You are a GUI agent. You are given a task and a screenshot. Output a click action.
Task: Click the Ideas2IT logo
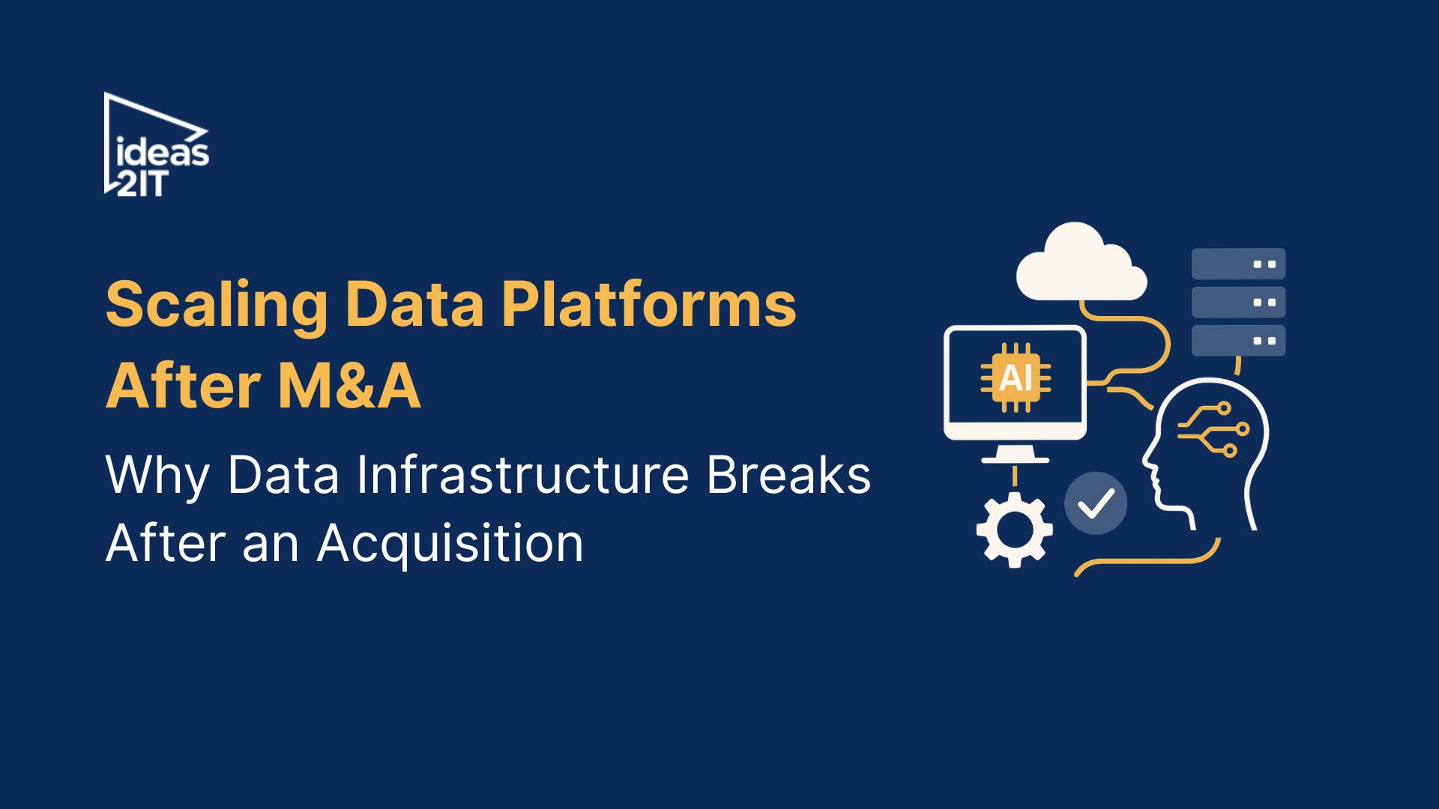(x=157, y=145)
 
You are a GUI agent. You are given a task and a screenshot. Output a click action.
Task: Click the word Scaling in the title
(x=217, y=304)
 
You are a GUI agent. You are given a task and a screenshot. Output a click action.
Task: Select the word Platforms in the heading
(x=648, y=304)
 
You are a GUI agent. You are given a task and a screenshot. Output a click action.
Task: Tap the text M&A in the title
(x=349, y=386)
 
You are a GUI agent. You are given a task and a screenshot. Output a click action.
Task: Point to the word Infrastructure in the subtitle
(x=522, y=475)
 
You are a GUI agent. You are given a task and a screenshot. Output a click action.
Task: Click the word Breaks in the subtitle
(x=788, y=475)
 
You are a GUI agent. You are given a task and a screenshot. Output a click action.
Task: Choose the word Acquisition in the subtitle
(x=450, y=543)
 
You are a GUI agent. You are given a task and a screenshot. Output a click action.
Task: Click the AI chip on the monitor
(x=1016, y=378)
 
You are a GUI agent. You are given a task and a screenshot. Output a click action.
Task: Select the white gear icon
(x=1014, y=530)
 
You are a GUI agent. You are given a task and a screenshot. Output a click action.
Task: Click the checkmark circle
(x=1096, y=503)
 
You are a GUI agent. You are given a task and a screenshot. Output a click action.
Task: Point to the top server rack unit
(x=1238, y=264)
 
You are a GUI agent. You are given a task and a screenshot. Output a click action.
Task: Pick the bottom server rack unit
(x=1238, y=341)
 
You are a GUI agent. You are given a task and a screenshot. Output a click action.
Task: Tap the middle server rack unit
(x=1238, y=303)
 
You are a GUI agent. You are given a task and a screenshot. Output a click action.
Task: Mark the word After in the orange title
(x=184, y=386)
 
